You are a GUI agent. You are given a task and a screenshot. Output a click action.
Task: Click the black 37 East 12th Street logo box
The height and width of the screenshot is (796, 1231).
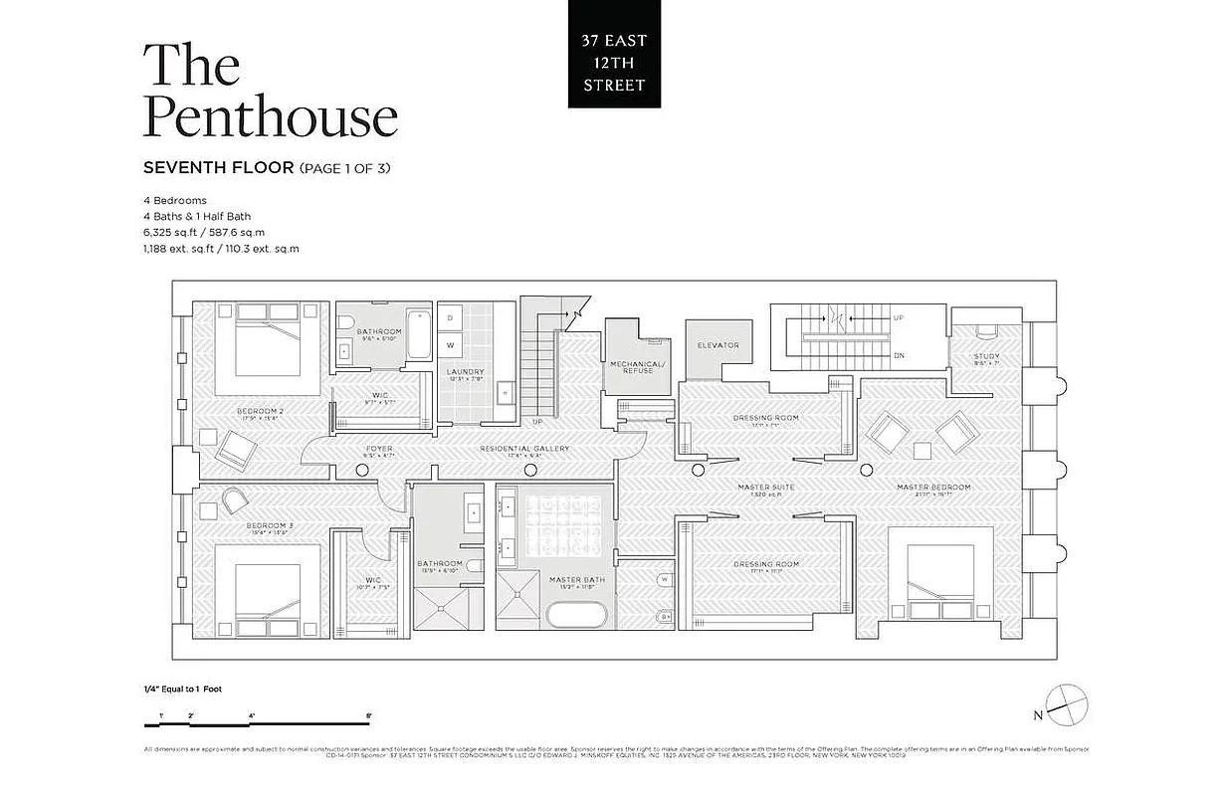[614, 55]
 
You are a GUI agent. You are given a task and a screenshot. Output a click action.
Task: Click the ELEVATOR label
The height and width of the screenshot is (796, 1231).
[718, 345]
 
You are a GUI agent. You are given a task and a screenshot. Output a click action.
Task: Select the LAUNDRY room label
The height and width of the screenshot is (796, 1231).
[465, 372]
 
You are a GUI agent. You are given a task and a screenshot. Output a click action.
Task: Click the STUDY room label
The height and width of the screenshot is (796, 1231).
[986, 356]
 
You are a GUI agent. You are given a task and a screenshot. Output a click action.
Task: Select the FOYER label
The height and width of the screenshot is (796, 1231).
[378, 449]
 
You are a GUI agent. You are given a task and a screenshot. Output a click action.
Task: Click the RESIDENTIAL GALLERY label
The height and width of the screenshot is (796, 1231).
[524, 449]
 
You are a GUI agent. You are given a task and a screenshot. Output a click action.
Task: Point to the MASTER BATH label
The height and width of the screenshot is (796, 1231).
[570, 579]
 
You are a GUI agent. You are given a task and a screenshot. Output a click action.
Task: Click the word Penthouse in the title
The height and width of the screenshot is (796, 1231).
[270, 117]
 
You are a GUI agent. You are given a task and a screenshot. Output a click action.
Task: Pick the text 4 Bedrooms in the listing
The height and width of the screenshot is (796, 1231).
[174, 200]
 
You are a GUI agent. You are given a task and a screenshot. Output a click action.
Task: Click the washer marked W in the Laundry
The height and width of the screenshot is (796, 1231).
[450, 345]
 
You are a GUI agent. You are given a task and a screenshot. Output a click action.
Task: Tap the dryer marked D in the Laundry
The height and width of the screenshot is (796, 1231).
[450, 317]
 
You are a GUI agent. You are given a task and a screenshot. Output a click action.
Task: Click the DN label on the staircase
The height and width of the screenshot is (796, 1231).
[898, 354]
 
